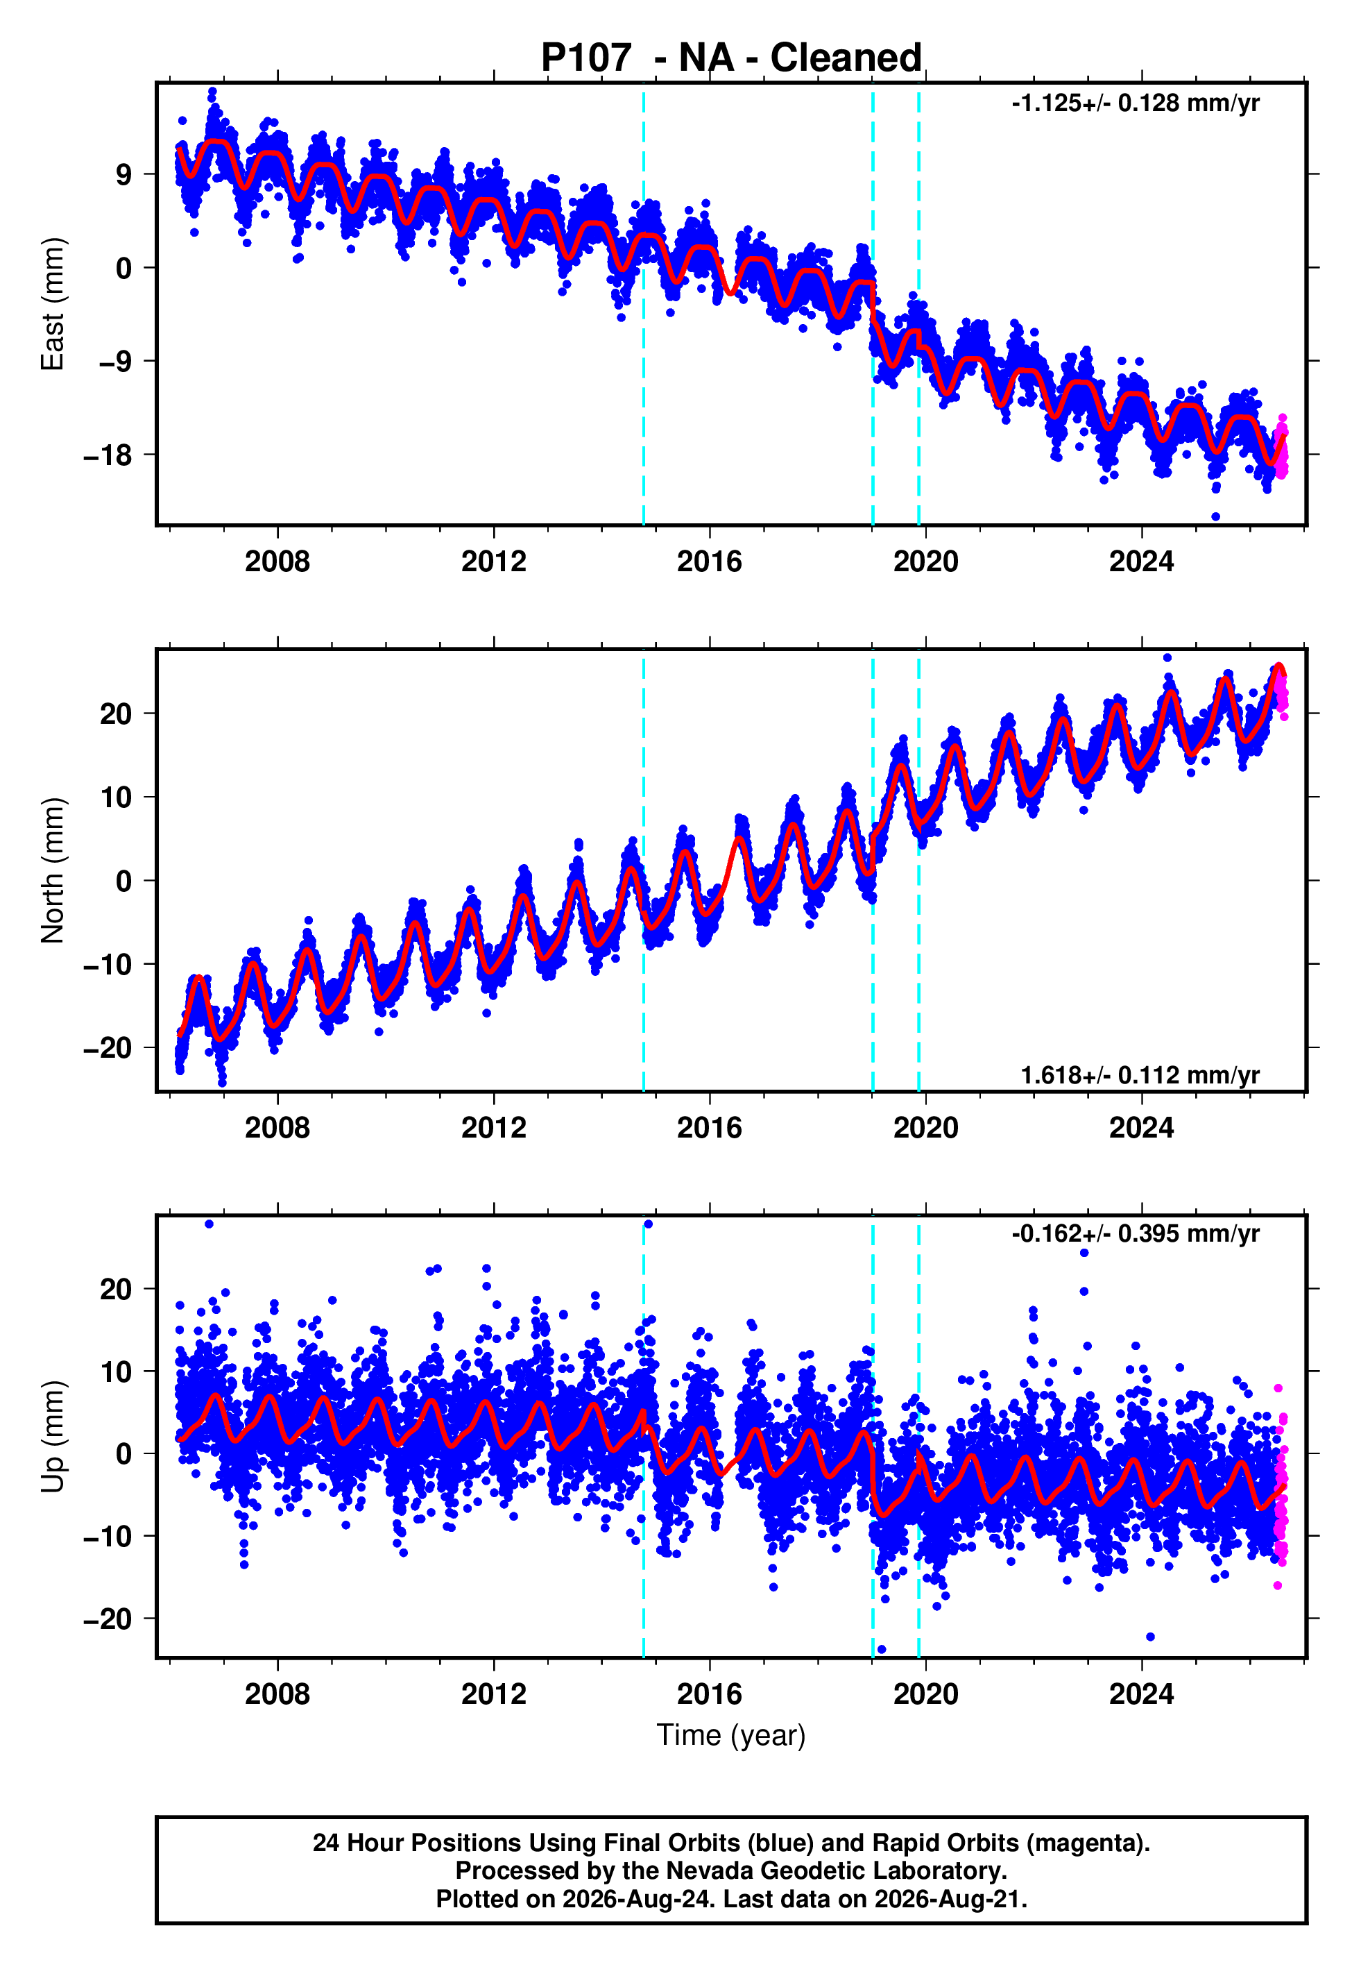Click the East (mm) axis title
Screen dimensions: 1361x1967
(x=53, y=304)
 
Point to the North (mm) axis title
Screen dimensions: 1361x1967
(x=53, y=870)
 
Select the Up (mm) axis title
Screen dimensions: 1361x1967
(x=53, y=1437)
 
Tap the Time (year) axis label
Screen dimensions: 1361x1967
(x=731, y=1736)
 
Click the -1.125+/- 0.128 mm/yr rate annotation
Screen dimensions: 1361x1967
(x=1135, y=103)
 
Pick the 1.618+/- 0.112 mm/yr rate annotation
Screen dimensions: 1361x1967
(x=1140, y=1076)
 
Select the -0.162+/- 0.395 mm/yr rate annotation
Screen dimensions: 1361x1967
(x=1135, y=1233)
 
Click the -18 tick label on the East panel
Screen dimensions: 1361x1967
(x=108, y=455)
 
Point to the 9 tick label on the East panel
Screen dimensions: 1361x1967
(x=124, y=174)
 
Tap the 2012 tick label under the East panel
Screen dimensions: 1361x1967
(x=494, y=562)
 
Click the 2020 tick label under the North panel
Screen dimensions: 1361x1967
(x=925, y=1128)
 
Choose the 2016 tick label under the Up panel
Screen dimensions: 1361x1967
(x=710, y=1694)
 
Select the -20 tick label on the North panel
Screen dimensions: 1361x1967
(x=108, y=1047)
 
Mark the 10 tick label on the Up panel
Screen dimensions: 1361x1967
(x=117, y=1371)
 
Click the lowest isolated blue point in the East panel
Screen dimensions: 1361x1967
(x=1216, y=517)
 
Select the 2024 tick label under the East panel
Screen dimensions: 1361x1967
(x=1141, y=562)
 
